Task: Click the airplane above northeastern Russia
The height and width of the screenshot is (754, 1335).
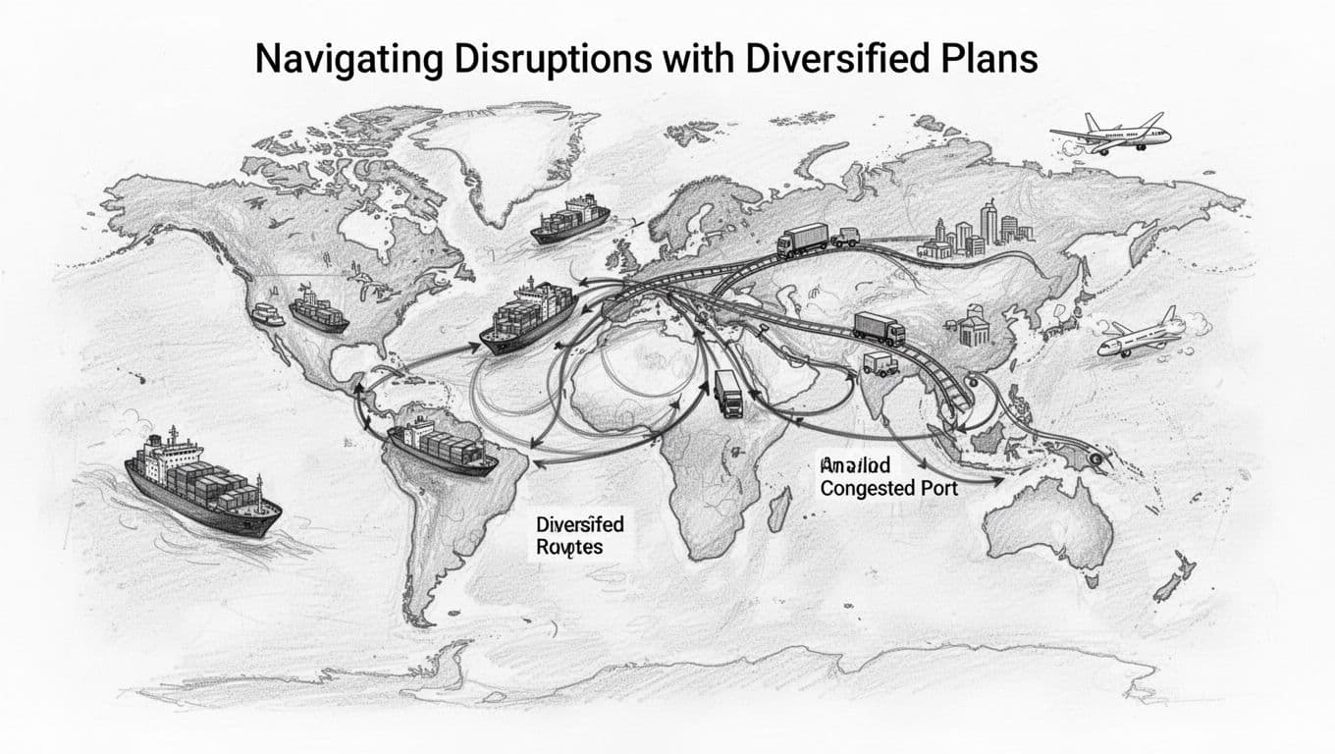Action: point(1110,134)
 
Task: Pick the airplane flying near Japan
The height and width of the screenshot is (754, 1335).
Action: point(1142,334)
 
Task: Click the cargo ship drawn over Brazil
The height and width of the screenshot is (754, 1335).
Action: point(443,447)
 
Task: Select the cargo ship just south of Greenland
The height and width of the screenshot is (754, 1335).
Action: point(570,219)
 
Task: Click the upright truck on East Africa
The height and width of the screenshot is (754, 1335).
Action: point(729,393)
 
